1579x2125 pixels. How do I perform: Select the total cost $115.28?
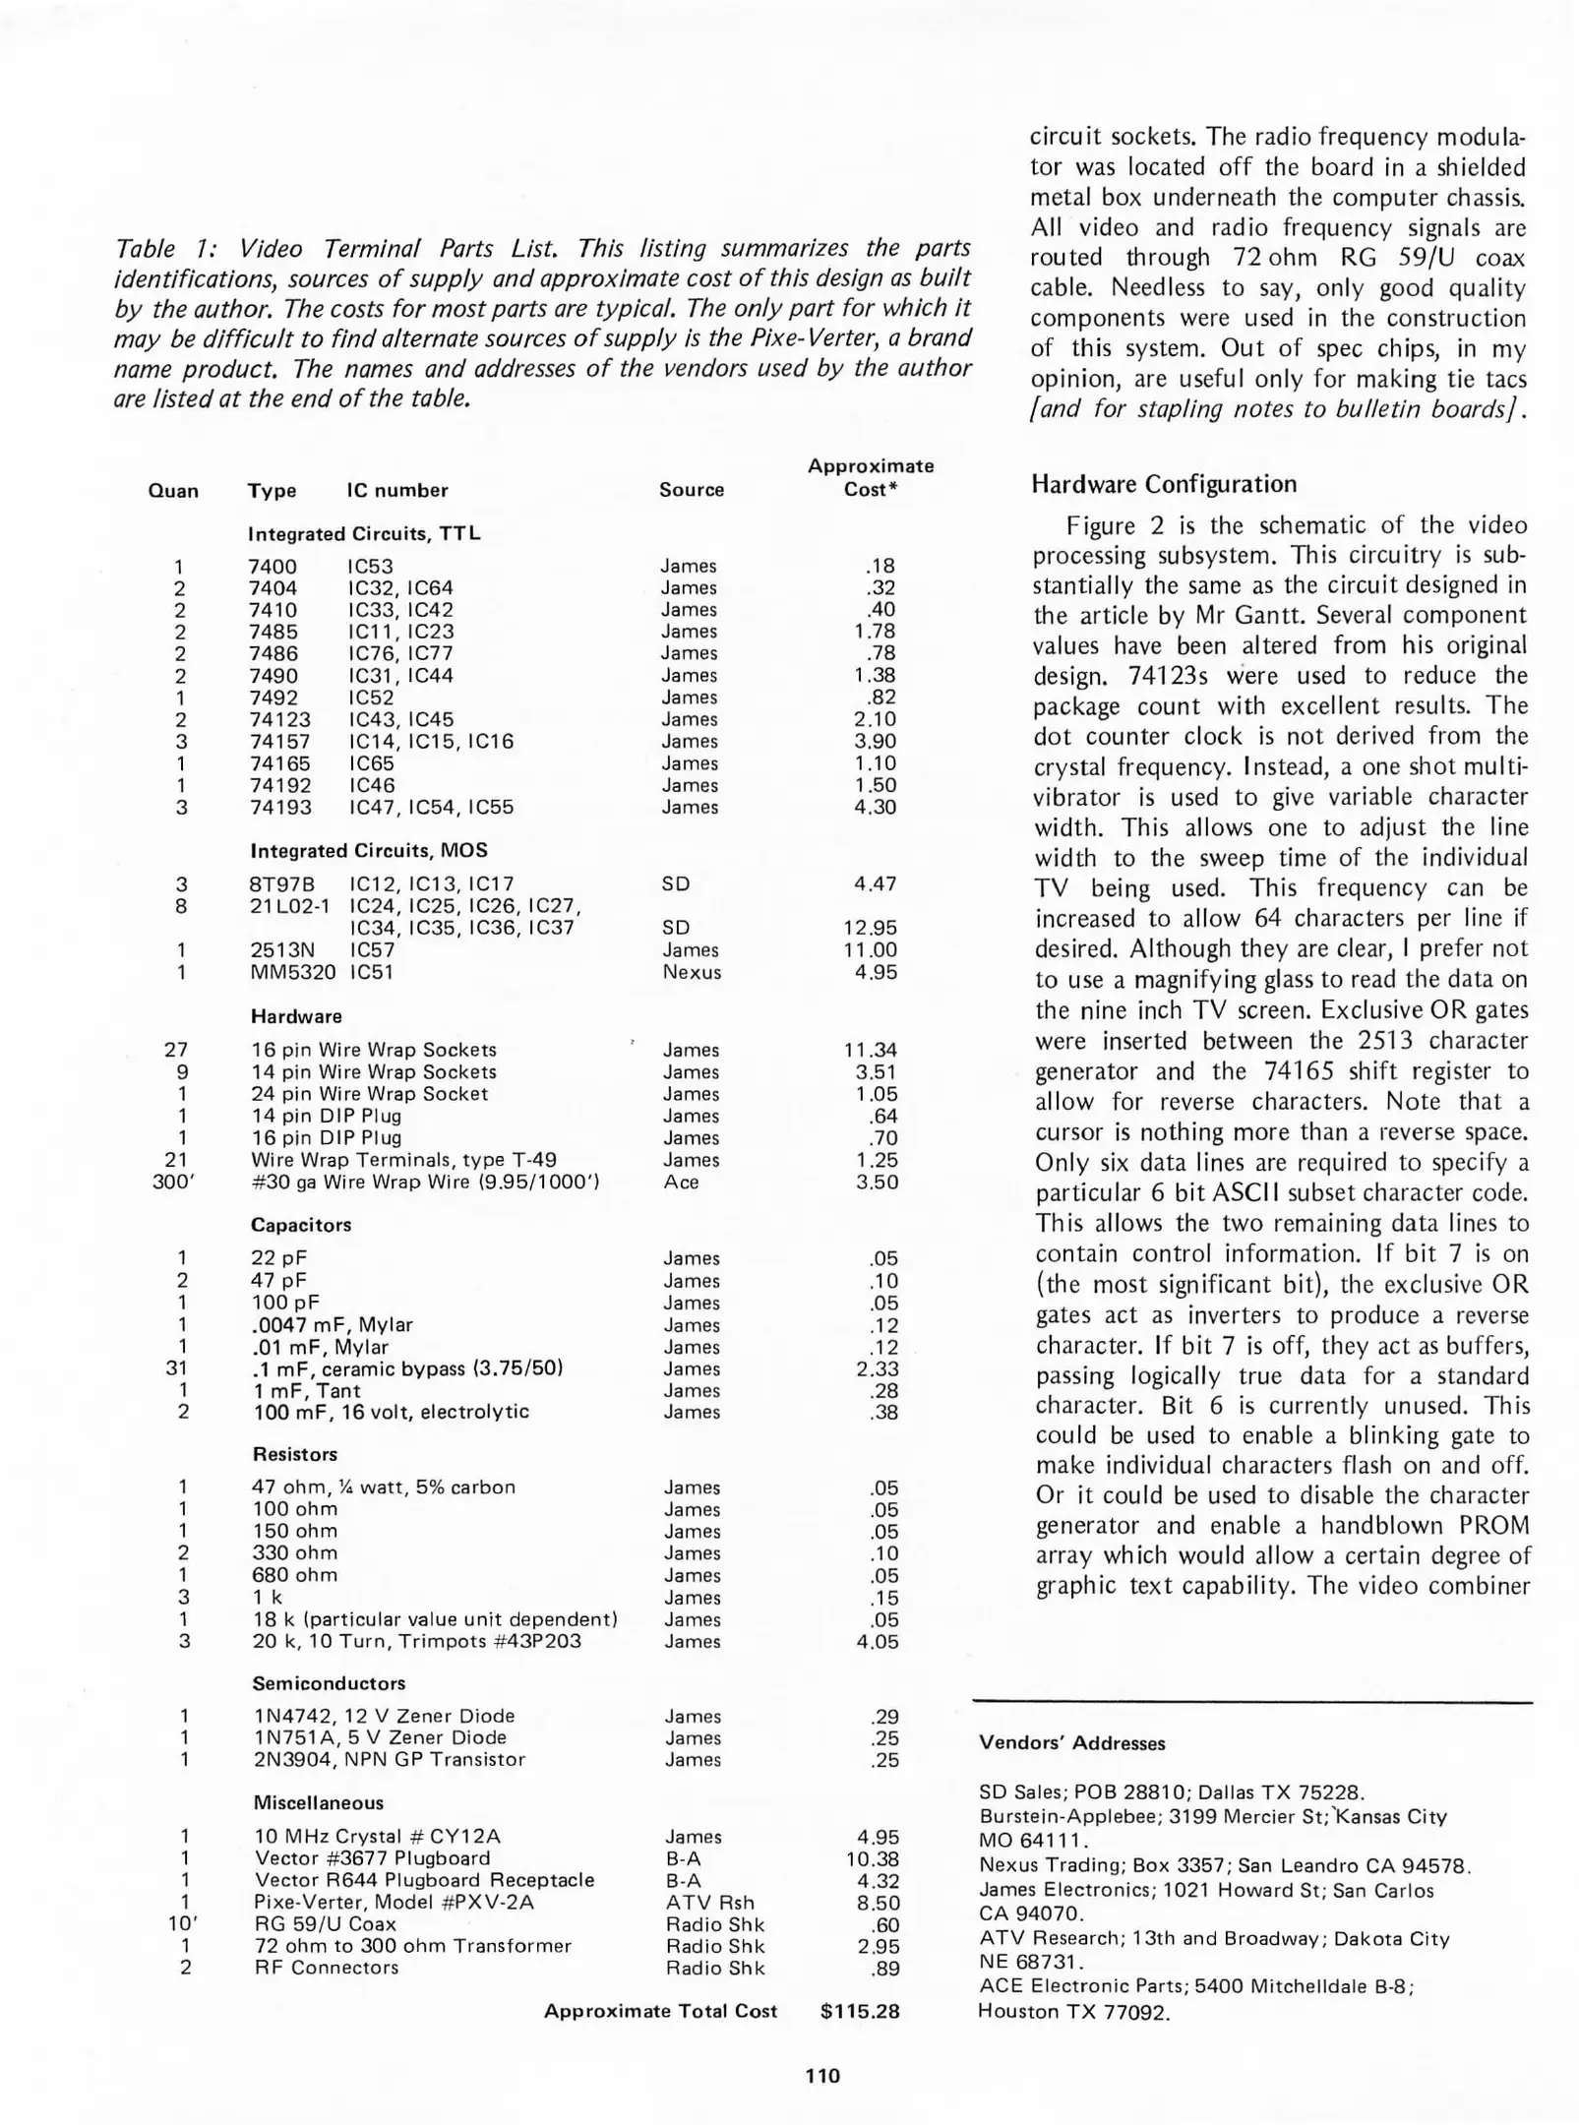[x=860, y=2011]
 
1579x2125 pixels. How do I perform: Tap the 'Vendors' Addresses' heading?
[x=1071, y=1743]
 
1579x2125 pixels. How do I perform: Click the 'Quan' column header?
[x=173, y=491]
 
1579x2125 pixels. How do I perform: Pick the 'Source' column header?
[x=692, y=490]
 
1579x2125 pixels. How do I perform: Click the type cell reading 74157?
[x=279, y=742]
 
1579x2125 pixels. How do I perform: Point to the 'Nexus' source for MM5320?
[x=692, y=972]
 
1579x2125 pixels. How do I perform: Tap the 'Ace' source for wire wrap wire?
[x=681, y=1182]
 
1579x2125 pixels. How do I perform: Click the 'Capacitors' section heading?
[x=301, y=1225]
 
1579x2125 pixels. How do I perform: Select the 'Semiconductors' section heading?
[x=329, y=1683]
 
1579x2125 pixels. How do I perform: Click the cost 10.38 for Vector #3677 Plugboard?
[x=872, y=1858]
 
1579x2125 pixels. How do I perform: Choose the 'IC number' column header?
[x=397, y=490]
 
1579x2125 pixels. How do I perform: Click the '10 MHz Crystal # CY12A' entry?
[x=378, y=1836]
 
